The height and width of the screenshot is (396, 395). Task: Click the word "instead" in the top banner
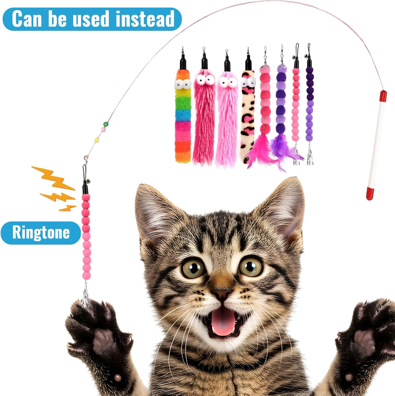click(145, 19)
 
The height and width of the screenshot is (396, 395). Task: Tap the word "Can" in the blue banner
click(27, 19)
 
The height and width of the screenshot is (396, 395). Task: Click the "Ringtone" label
click(41, 233)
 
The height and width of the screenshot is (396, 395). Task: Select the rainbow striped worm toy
click(183, 119)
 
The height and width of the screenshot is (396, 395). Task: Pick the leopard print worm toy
click(248, 116)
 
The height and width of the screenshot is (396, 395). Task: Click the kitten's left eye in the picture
click(194, 268)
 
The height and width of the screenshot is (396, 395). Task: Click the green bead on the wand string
click(106, 124)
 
